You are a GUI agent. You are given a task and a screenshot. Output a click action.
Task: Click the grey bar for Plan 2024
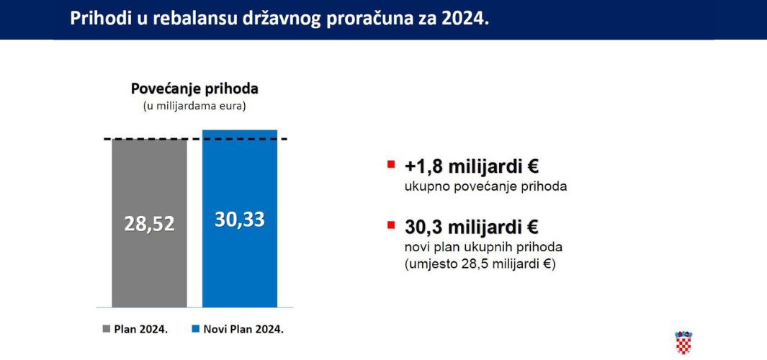click(x=149, y=223)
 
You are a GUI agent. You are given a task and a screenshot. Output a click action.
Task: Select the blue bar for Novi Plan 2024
click(x=240, y=219)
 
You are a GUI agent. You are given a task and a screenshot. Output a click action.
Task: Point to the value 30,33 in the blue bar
click(x=240, y=220)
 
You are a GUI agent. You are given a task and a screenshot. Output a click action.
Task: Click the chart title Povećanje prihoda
click(x=194, y=89)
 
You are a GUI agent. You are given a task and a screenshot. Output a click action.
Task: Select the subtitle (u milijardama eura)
click(x=194, y=106)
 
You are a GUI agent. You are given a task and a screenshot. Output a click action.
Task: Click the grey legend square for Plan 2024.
click(x=107, y=329)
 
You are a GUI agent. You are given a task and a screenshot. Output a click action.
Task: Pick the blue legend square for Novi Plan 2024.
click(x=195, y=329)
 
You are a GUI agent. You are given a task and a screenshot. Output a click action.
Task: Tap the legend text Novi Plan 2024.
click(x=243, y=329)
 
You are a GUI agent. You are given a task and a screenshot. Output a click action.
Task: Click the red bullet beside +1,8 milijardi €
click(x=390, y=164)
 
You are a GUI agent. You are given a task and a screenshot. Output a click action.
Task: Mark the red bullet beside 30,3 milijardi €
click(x=390, y=225)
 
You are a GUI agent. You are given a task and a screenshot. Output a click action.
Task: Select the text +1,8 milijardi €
click(x=472, y=166)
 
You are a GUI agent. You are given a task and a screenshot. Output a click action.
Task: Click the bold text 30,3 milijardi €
click(x=472, y=227)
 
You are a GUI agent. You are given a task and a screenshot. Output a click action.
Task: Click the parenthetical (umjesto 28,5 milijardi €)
click(x=480, y=265)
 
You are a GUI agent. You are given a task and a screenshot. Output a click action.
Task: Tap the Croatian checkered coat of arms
click(x=683, y=343)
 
